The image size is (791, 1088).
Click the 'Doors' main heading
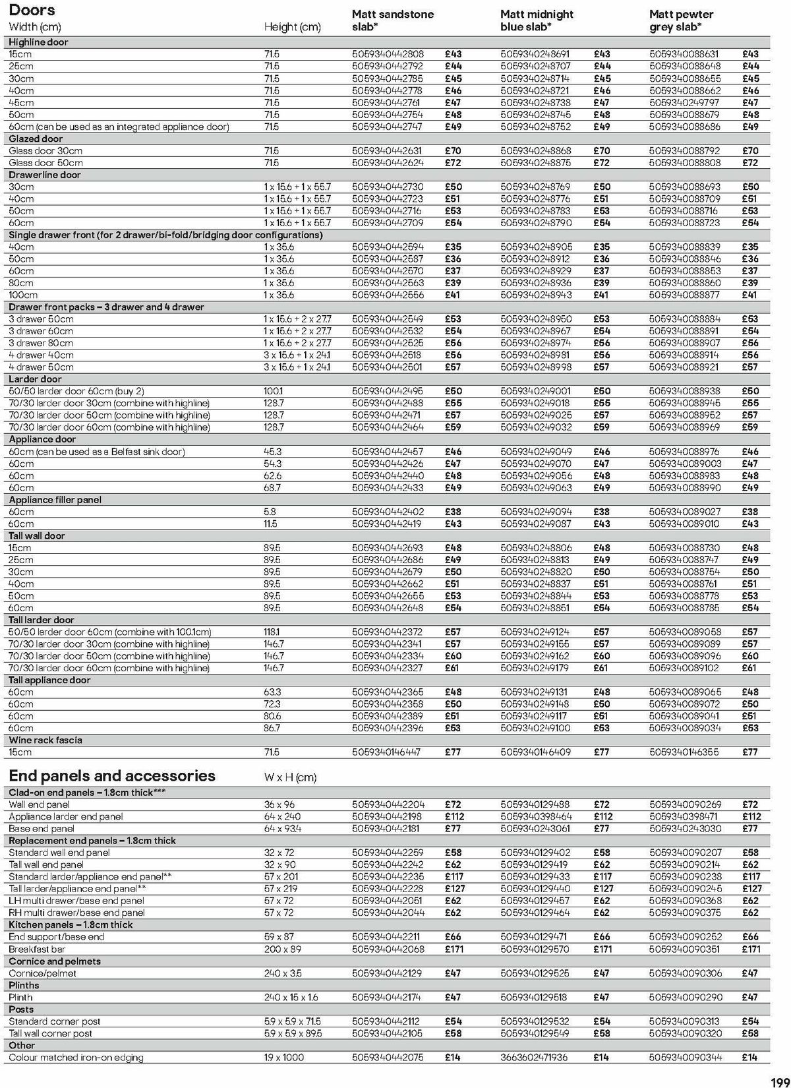[x=32, y=11]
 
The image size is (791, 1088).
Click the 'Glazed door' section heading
[x=36, y=138]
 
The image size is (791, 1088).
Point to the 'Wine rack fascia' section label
[x=45, y=740]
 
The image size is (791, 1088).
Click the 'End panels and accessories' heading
[x=112, y=775]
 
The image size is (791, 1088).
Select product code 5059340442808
[x=388, y=54]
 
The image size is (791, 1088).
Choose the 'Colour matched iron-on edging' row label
[x=76, y=1057]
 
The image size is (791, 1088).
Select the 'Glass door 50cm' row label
[x=45, y=162]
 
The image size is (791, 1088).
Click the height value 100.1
[x=273, y=391]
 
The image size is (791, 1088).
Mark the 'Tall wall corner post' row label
[x=50, y=1033]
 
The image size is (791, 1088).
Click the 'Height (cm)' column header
[x=292, y=27]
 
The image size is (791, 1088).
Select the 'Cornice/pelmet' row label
[x=42, y=973]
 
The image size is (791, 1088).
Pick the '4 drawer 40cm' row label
[x=41, y=355]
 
